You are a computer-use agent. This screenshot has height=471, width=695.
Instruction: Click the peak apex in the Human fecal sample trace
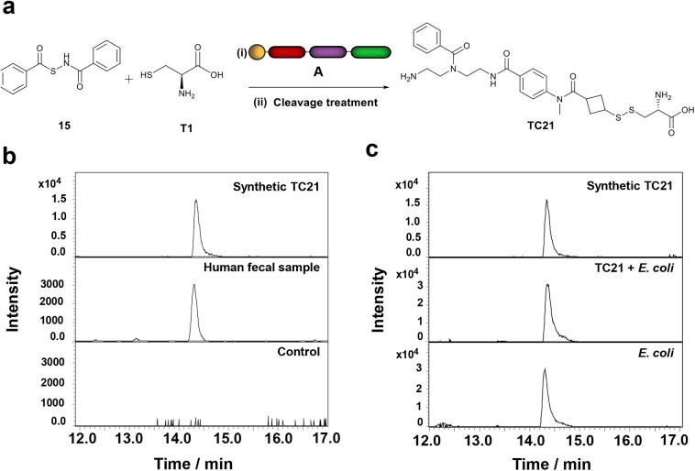click(x=193, y=285)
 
